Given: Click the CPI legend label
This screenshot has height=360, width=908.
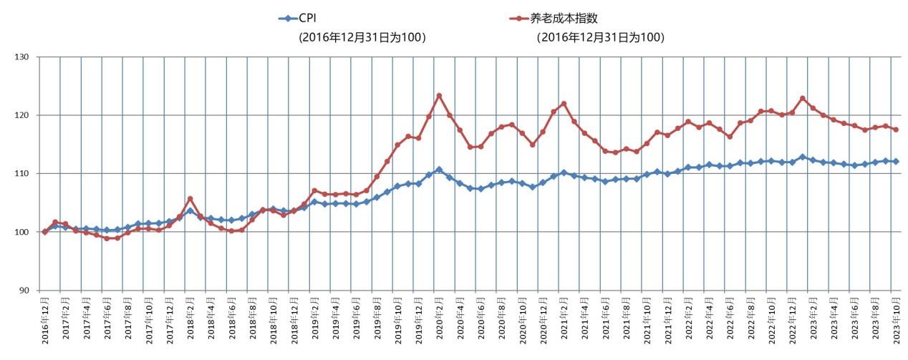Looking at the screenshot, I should (307, 19).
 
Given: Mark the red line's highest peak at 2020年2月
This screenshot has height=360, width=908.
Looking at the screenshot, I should (439, 96).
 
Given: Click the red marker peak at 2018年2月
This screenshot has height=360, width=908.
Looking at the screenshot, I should (190, 199).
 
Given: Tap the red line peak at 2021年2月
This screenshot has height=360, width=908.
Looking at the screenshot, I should (564, 104).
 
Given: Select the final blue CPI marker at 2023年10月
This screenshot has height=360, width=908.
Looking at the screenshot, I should (896, 162).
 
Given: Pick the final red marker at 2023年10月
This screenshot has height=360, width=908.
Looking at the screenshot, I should (896, 130).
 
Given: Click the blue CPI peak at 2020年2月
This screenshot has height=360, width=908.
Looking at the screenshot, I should (439, 170).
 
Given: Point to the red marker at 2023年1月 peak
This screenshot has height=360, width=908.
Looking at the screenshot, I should (803, 98).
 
